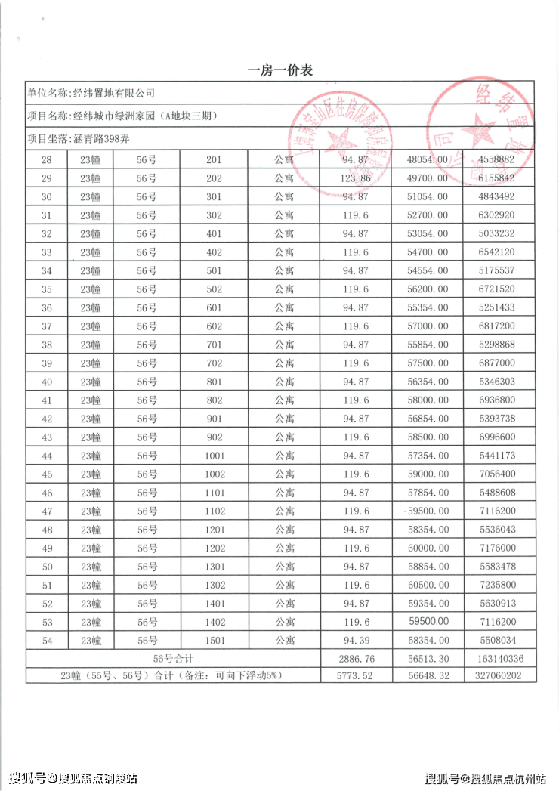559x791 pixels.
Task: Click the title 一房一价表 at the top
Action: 280,70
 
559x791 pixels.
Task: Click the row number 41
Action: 47,400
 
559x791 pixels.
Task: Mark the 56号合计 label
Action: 173,659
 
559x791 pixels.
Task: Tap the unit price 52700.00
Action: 428,215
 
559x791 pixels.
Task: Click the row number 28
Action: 47,160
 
